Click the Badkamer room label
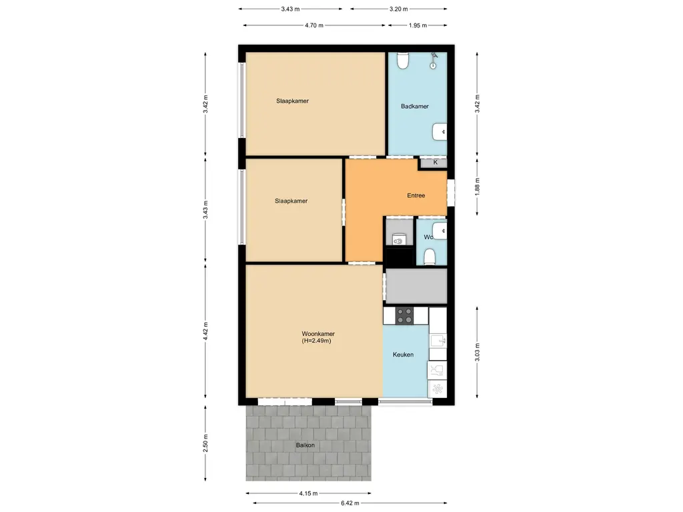tap(415, 106)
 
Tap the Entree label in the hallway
tap(416, 195)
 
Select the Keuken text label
tap(403, 355)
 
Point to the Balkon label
tap(305, 445)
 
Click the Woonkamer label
tap(318, 334)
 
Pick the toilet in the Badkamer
tap(402, 61)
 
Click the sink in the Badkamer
tap(440, 132)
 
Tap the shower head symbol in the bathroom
tap(434, 61)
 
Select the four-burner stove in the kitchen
tap(404, 315)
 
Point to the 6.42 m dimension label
tap(350, 503)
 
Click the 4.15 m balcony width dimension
tap(308, 493)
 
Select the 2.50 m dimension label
tap(205, 443)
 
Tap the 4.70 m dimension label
tap(314, 25)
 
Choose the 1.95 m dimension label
tap(418, 25)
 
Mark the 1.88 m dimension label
tap(477, 187)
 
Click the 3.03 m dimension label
tap(477, 352)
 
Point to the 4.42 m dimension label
tap(205, 331)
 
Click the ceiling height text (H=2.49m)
tap(316, 341)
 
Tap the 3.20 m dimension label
tap(399, 9)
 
